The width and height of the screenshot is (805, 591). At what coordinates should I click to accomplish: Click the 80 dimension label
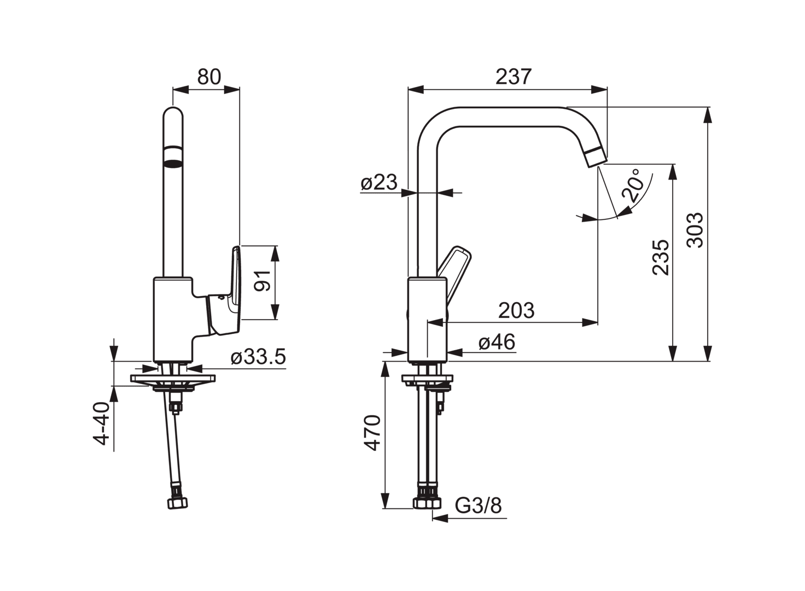[x=209, y=77]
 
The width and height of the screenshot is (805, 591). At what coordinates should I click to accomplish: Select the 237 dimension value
[x=514, y=77]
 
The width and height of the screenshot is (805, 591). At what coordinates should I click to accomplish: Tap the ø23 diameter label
[x=379, y=182]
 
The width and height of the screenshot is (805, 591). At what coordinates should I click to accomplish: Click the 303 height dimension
[x=695, y=230]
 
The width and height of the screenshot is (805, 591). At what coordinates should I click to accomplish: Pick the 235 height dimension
[x=661, y=258]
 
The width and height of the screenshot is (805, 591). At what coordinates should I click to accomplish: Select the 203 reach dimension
[x=516, y=310]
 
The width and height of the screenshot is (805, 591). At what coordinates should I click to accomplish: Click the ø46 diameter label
[x=497, y=341]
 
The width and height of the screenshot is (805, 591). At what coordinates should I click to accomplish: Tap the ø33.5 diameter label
[x=258, y=357]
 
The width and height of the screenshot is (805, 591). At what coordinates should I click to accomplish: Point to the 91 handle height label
[x=262, y=281]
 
